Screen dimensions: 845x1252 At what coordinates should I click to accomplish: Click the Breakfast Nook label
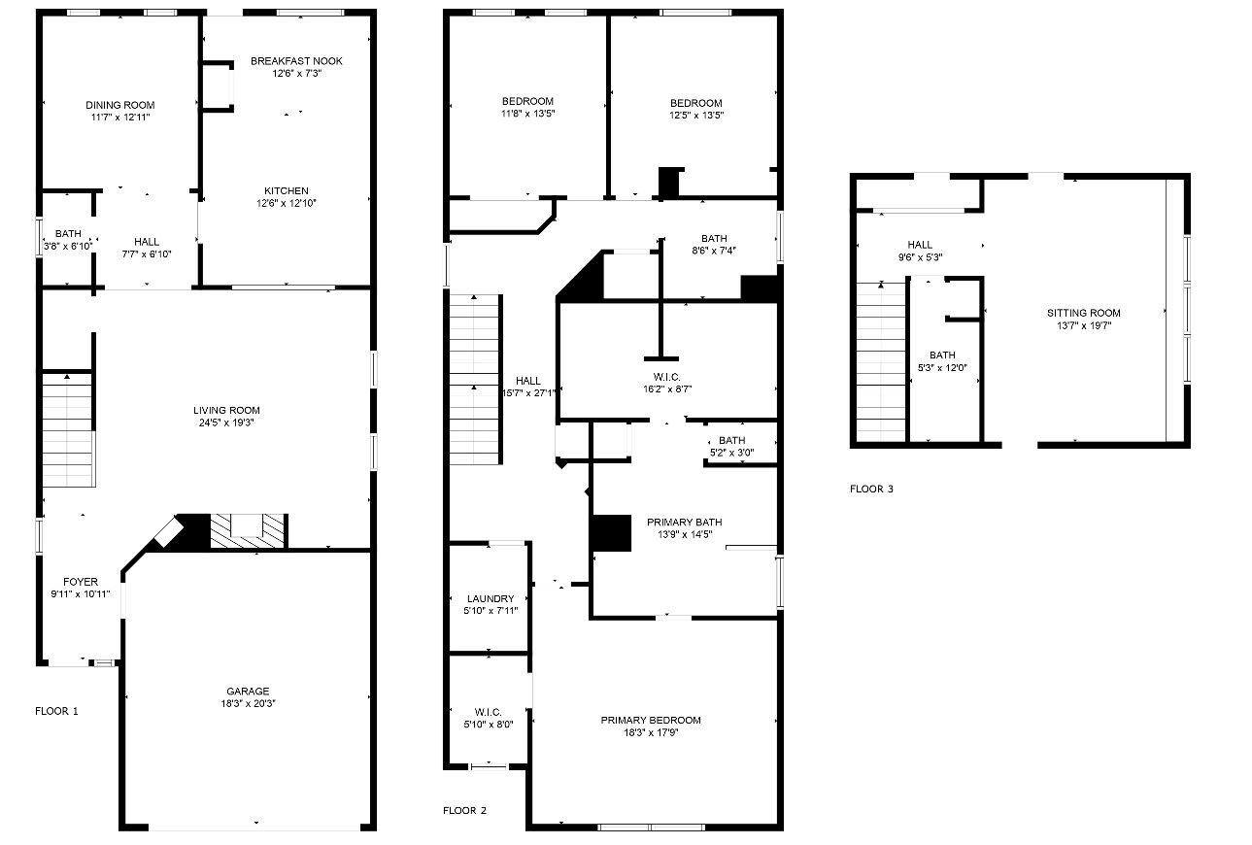point(296,61)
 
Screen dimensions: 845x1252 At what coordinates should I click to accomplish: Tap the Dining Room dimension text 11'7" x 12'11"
point(119,118)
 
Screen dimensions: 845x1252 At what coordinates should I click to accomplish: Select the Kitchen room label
point(287,190)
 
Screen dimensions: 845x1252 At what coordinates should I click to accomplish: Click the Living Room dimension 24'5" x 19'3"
point(226,422)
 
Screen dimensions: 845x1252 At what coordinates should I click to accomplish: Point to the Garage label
point(249,692)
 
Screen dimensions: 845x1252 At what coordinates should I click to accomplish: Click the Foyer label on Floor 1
point(81,582)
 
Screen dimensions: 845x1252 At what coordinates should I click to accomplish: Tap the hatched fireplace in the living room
point(249,530)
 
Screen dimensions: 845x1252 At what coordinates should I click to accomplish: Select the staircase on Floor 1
point(68,427)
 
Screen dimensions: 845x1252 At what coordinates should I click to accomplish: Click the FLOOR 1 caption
point(56,711)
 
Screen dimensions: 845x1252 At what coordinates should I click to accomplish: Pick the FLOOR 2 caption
point(464,810)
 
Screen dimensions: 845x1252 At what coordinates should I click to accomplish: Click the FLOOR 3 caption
point(871,489)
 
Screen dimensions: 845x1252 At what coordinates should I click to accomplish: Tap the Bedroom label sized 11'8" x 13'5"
point(527,101)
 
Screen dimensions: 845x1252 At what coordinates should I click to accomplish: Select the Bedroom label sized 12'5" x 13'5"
point(696,103)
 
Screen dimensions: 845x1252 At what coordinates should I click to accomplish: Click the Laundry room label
point(490,598)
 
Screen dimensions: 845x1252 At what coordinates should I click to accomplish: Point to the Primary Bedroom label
point(651,720)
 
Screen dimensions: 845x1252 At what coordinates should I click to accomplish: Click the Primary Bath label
point(685,523)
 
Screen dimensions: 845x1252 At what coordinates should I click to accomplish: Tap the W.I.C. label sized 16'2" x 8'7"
point(666,377)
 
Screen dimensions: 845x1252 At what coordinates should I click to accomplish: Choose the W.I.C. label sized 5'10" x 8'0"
point(489,712)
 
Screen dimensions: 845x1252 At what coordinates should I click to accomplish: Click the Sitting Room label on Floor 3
point(1083,313)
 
